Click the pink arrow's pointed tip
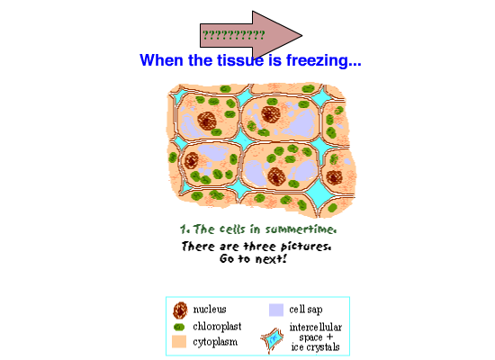301,36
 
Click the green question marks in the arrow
233,35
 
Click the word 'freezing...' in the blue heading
324,60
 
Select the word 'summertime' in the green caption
301,229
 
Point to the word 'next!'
271,259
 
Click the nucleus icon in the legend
180,310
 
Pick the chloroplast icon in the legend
179,328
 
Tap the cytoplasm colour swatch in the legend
179,342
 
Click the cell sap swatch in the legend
276,310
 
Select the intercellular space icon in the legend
272,339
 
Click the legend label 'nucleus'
210,310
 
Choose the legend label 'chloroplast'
217,326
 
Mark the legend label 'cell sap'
306,310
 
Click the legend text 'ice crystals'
315,347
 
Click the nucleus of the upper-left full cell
207,121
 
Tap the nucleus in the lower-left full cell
192,160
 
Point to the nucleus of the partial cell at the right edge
334,177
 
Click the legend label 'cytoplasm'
215,342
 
